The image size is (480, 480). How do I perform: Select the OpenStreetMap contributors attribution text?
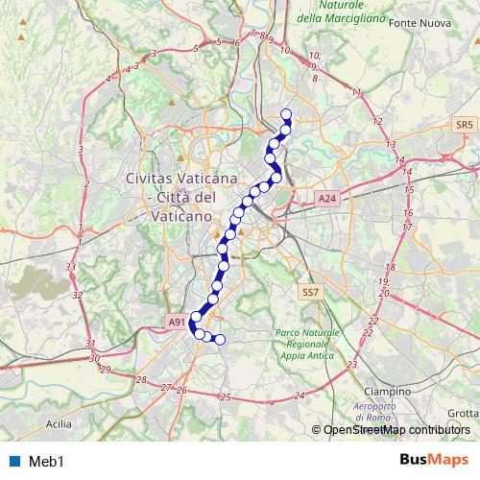[x=395, y=430]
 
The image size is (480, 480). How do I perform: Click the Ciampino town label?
[x=388, y=392]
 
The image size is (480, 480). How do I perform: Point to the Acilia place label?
[x=60, y=421]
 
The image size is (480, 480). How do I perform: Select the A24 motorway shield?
[x=328, y=199]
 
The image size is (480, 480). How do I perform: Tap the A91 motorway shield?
[x=175, y=324]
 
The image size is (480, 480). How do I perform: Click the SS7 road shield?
[x=309, y=291]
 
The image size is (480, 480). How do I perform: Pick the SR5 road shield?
[x=466, y=126]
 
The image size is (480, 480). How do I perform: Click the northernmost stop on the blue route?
[x=285, y=115]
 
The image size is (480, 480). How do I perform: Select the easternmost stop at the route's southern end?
[x=219, y=339]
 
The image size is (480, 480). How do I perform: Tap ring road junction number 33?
[x=70, y=267]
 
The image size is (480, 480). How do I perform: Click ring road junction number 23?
[x=353, y=365]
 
